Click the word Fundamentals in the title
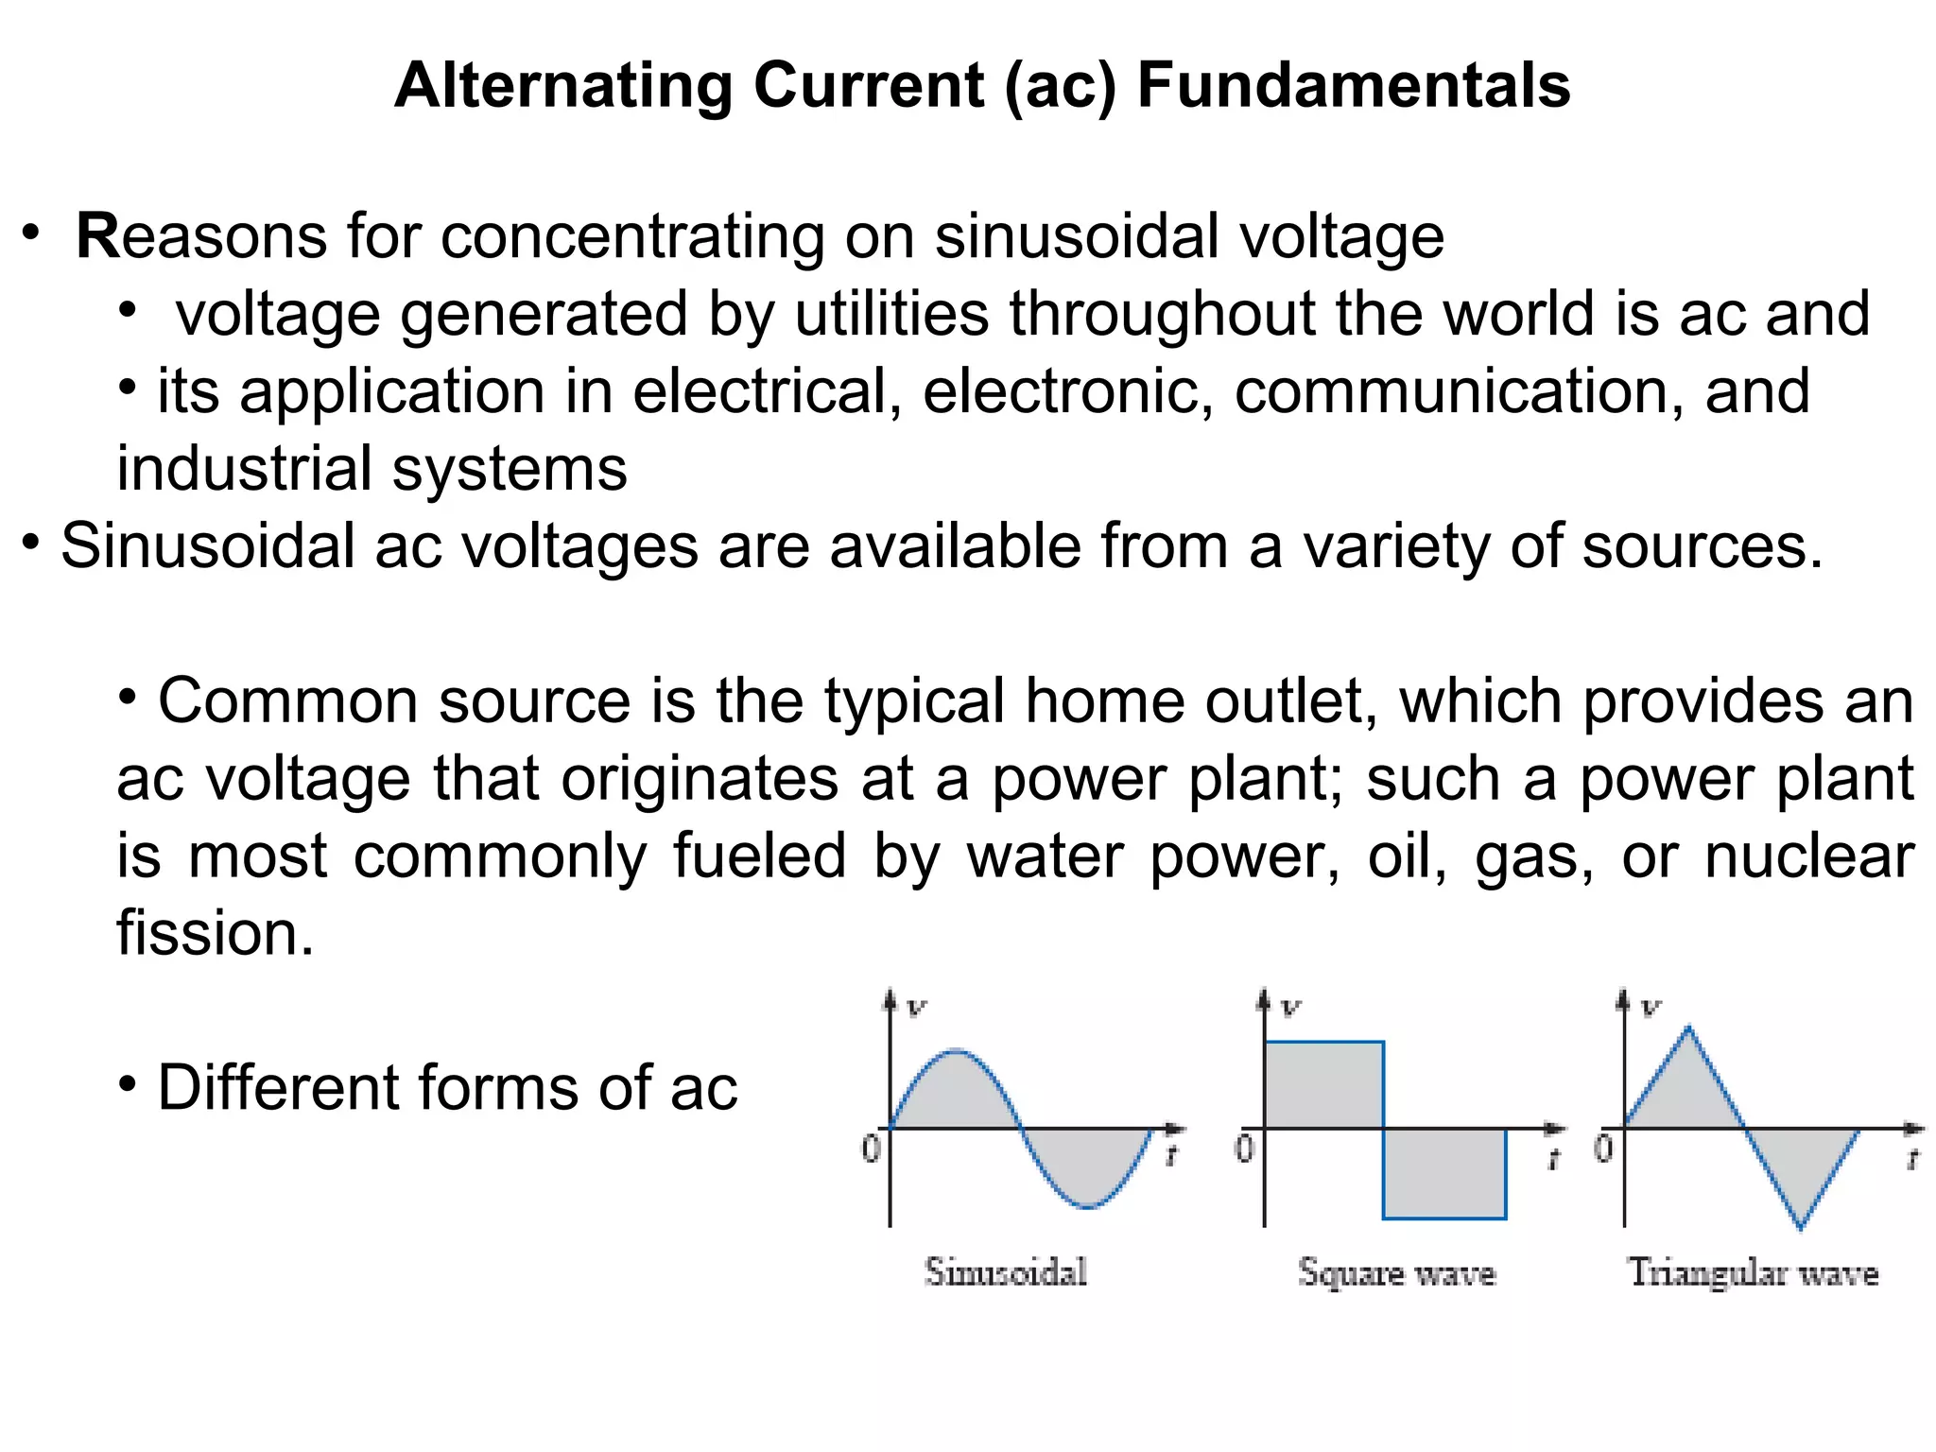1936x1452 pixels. click(1354, 85)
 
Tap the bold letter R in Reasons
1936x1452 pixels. click(97, 235)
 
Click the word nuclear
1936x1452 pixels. click(1809, 856)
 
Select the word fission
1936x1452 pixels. click(215, 933)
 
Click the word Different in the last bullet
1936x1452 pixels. click(276, 1087)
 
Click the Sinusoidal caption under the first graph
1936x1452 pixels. click(1006, 1272)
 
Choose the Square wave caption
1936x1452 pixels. click(1396, 1272)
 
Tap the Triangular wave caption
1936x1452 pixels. click(1753, 1272)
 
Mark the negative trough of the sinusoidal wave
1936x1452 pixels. click(1089, 1206)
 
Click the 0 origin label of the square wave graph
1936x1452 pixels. click(1244, 1148)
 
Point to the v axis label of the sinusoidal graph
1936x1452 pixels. click(916, 1007)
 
